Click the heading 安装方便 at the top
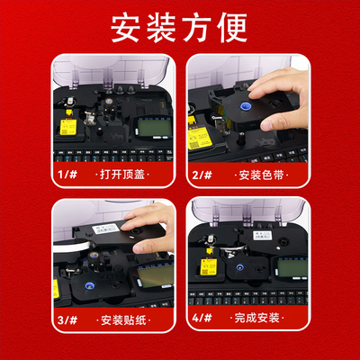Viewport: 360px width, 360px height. coord(180,29)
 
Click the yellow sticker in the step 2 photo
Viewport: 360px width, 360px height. coord(195,139)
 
